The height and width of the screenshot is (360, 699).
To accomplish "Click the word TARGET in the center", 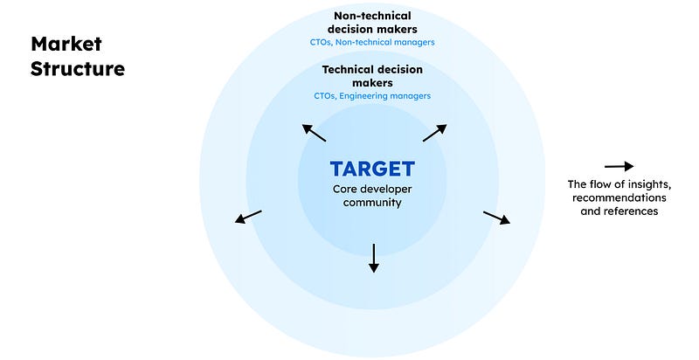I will [x=372, y=169].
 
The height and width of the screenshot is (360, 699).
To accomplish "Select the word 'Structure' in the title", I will [x=78, y=68].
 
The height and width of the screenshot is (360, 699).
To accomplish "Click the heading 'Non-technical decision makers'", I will [x=373, y=22].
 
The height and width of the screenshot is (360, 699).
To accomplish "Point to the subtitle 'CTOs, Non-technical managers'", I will [x=373, y=41].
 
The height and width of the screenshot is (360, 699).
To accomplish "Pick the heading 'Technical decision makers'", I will [x=373, y=75].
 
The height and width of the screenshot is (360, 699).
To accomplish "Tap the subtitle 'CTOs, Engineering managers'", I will [x=373, y=96].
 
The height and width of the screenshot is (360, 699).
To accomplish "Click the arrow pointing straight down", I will [x=373, y=257].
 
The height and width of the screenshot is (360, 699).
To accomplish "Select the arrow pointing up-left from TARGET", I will [x=315, y=133].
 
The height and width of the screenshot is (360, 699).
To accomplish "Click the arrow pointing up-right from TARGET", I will [x=434, y=133].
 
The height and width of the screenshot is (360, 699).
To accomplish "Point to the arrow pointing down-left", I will [x=248, y=216].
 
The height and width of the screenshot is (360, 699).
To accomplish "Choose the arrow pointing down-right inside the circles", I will [x=496, y=218].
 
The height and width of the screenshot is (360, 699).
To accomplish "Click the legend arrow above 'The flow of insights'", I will [x=619, y=166].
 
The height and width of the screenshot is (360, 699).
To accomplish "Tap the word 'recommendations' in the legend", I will [x=619, y=197].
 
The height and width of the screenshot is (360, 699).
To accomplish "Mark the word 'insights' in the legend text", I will [x=648, y=184].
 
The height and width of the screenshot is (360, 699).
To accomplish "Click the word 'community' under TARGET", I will [x=372, y=202].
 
